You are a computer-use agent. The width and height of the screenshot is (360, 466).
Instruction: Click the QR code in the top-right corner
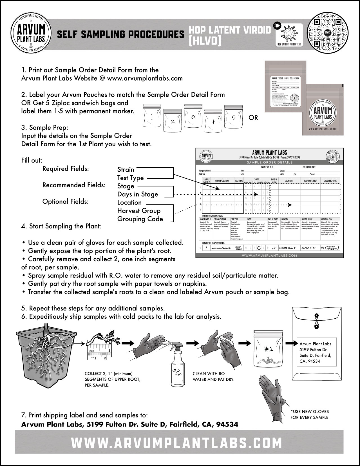point(328,33)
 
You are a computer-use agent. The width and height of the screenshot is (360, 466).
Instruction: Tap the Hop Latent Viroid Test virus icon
point(289,34)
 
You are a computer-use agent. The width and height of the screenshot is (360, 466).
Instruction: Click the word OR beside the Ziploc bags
point(253,117)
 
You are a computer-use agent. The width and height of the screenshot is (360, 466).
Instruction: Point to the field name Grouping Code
point(140,219)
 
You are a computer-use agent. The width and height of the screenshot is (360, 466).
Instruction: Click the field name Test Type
point(130,178)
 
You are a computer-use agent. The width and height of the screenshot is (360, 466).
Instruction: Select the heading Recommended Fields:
point(74,185)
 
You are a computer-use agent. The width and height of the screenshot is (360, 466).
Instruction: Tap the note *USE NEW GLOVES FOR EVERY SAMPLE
point(310,414)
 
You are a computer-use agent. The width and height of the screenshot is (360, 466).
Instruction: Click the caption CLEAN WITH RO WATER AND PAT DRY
point(213,376)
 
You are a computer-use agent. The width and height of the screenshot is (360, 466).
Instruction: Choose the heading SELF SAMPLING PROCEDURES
point(120,34)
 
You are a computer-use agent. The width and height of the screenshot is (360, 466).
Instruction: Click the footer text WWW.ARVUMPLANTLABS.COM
point(176,443)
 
